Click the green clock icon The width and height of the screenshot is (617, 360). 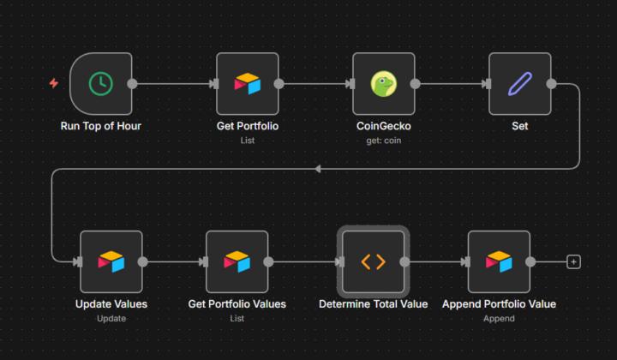tap(101, 83)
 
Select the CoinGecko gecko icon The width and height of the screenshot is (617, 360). tap(383, 83)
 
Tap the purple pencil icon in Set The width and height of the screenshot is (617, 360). tap(519, 83)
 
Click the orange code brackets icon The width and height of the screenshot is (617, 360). tap(373, 261)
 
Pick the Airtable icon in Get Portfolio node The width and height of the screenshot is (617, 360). tap(248, 83)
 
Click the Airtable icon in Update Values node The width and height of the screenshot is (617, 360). tap(111, 261)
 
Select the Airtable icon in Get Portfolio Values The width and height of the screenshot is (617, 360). tap(237, 261)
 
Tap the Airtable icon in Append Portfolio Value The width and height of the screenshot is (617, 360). tap(499, 261)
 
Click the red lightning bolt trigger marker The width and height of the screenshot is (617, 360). tap(54, 83)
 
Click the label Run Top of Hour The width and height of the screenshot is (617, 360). tap(101, 126)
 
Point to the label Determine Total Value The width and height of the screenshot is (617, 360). tap(373, 304)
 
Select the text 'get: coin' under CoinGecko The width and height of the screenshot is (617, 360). tap(383, 140)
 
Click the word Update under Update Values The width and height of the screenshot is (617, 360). tap(111, 318)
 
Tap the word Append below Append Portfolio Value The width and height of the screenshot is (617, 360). tap(499, 318)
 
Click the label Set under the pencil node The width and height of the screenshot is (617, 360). tap(519, 126)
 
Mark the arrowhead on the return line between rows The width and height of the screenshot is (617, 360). tap(319, 169)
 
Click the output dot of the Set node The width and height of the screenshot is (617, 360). tap(551, 83)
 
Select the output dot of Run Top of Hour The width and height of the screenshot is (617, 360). tap(132, 83)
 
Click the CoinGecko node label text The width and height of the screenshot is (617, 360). tap(383, 126)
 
